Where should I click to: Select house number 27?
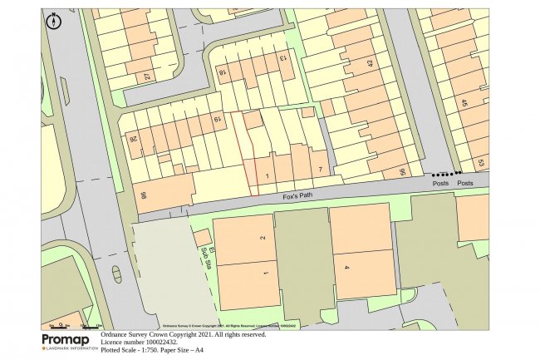tap(147, 77)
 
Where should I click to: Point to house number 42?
tap(370, 63)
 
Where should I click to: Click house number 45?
tap(464, 103)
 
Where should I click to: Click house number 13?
tap(282, 57)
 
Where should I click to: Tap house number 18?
tap(223, 73)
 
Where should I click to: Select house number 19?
tap(218, 121)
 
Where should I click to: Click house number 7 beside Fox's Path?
tap(320, 170)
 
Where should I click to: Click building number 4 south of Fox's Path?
tap(346, 267)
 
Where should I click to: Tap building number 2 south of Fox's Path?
tap(263, 238)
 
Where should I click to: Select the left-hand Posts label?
tap(439, 184)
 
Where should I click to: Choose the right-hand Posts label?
tap(465, 184)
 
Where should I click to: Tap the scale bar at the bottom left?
tap(75, 324)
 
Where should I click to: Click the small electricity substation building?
tap(202, 239)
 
